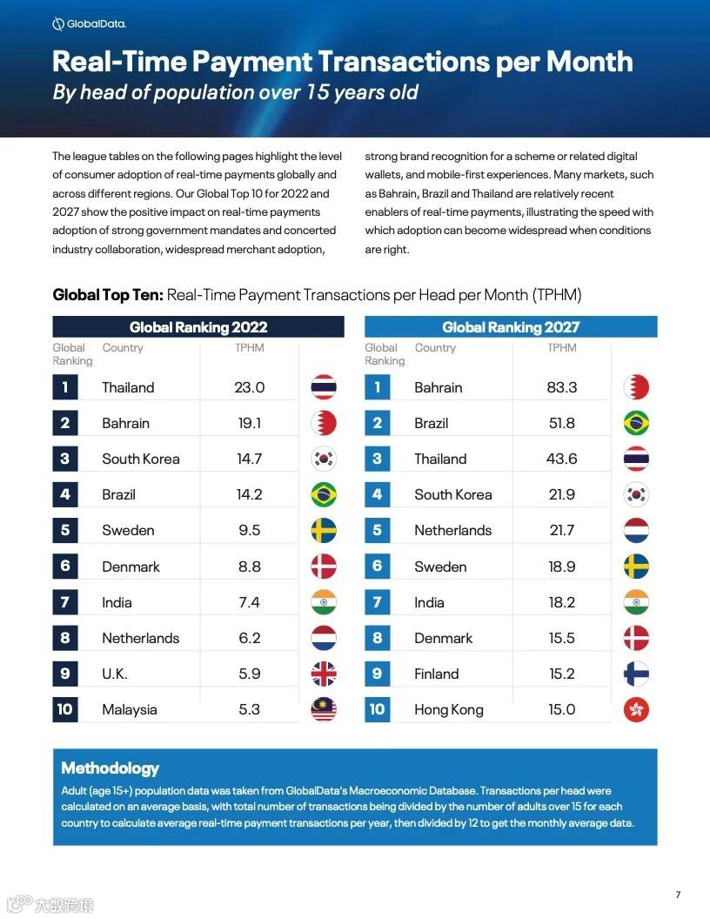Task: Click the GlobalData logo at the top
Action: pyautogui.click(x=89, y=24)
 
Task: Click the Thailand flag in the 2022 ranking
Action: pyautogui.click(x=324, y=387)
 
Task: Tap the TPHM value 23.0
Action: pyautogui.click(x=249, y=387)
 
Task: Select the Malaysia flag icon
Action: pyautogui.click(x=324, y=709)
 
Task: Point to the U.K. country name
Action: pyautogui.click(x=114, y=674)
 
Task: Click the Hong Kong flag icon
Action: pyautogui.click(x=636, y=709)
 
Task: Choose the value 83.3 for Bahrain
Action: pyautogui.click(x=562, y=387)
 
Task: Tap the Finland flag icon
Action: pyautogui.click(x=636, y=674)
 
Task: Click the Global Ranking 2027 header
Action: pyautogui.click(x=511, y=327)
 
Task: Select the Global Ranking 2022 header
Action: pyautogui.click(x=198, y=327)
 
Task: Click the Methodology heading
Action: pyautogui.click(x=110, y=768)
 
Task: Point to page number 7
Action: pyautogui.click(x=678, y=895)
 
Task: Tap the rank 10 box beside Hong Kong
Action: pyautogui.click(x=377, y=709)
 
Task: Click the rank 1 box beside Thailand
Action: pyautogui.click(x=65, y=387)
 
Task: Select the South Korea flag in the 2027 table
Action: pyautogui.click(x=636, y=494)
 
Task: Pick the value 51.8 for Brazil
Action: pyautogui.click(x=562, y=423)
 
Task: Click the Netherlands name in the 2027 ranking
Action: pyautogui.click(x=452, y=530)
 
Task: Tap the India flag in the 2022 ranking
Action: pyautogui.click(x=324, y=602)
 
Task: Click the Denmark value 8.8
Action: pyautogui.click(x=249, y=567)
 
